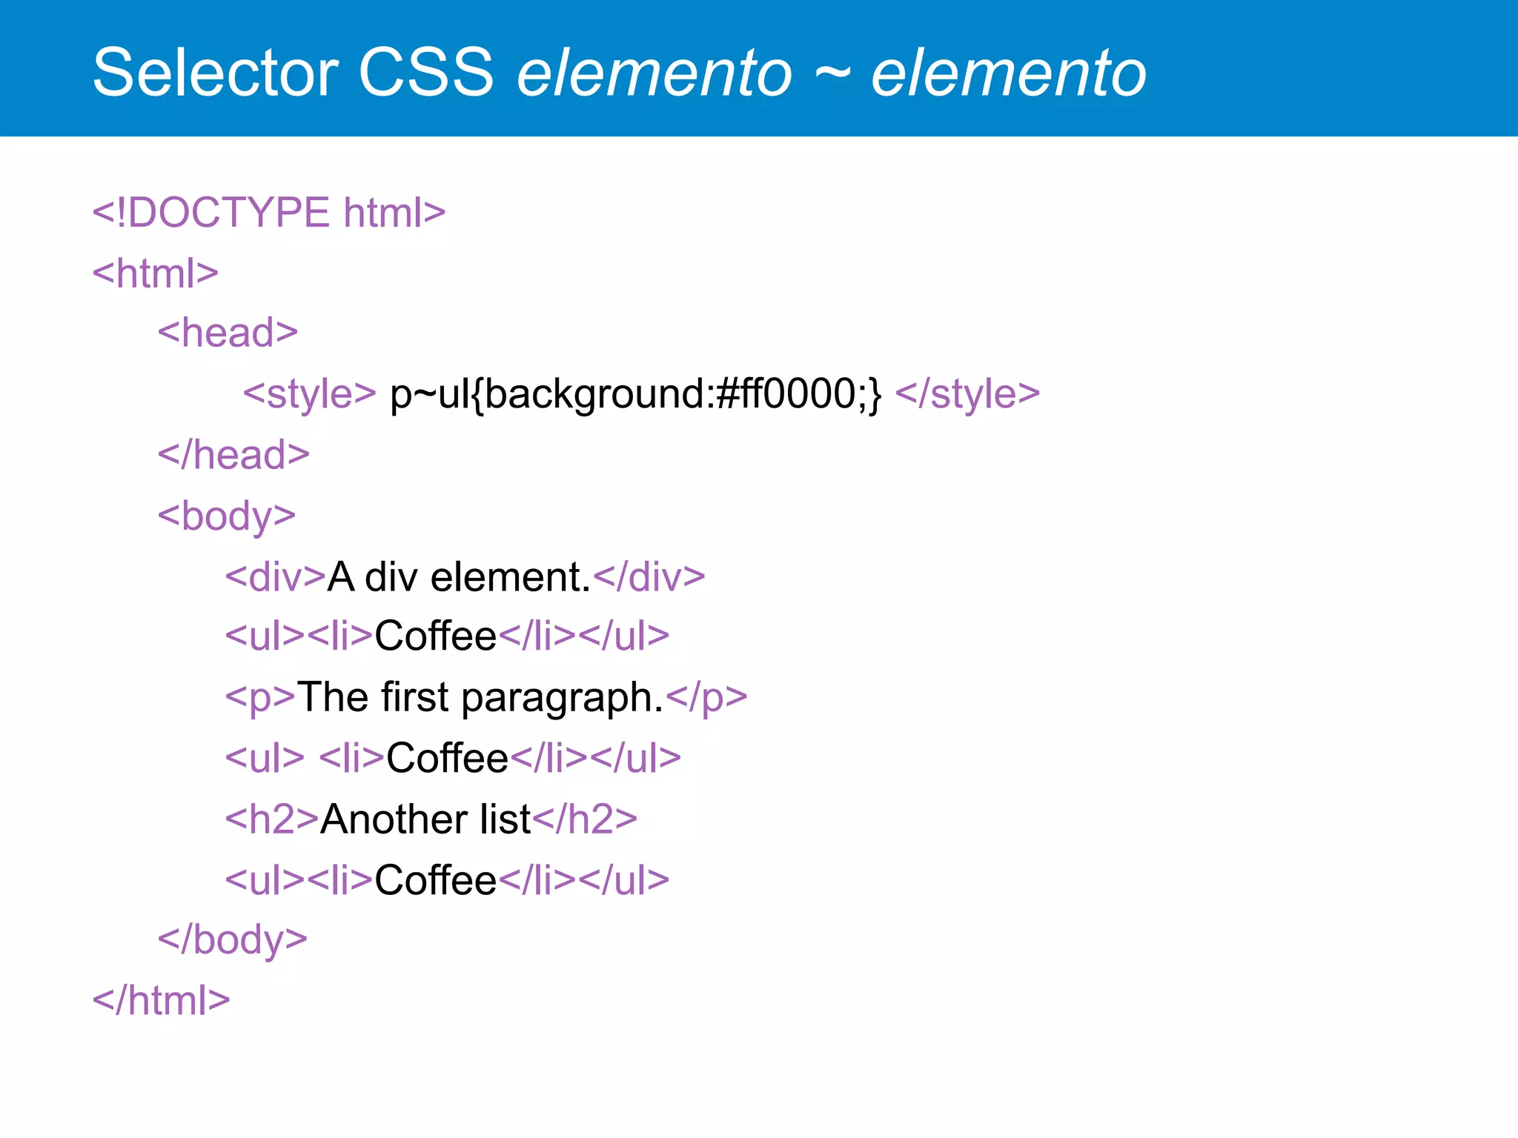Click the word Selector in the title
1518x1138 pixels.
216,73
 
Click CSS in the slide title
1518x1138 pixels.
426,73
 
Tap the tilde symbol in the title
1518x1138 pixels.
832,73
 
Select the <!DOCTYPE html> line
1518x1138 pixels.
268,213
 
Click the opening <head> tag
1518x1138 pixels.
228,333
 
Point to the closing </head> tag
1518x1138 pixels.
233,455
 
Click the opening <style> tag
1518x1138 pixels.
310,393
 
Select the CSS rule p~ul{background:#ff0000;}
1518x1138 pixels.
636,393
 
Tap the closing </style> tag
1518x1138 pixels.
967,393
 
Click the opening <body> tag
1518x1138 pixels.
227,516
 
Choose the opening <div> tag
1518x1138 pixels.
275,577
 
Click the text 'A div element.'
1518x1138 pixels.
459,577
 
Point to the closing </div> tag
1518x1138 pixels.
649,577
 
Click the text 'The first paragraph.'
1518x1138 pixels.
480,697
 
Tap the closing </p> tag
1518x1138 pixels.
706,697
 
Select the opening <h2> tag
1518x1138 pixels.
272,819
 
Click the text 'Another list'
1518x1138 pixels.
425,819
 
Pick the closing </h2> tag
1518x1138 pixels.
585,819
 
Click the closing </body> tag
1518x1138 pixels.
232,940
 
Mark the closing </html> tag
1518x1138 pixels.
161,1001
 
